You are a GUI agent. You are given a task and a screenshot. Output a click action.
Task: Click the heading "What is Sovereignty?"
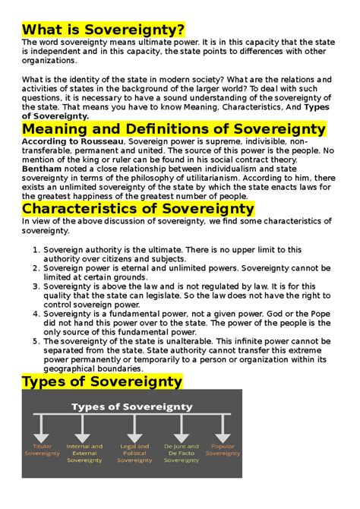pyautogui.click(x=103, y=30)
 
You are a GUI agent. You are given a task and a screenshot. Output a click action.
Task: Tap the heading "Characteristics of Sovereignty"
pyautogui.click(x=138, y=207)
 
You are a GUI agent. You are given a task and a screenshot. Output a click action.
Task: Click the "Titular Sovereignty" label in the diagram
pyautogui.click(x=43, y=451)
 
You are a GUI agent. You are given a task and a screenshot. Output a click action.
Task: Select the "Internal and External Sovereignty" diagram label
pyautogui.click(x=84, y=454)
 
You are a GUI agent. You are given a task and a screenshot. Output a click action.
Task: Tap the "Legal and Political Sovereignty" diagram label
pyautogui.click(x=134, y=454)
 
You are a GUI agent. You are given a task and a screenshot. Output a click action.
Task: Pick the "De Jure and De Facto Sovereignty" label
pyautogui.click(x=182, y=454)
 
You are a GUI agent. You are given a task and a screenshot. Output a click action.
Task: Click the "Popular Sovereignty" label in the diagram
pyautogui.click(x=223, y=451)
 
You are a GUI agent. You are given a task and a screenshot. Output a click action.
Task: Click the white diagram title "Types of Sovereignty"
pyautogui.click(x=131, y=406)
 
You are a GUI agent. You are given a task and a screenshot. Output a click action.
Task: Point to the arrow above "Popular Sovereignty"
pyautogui.click(x=223, y=430)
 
